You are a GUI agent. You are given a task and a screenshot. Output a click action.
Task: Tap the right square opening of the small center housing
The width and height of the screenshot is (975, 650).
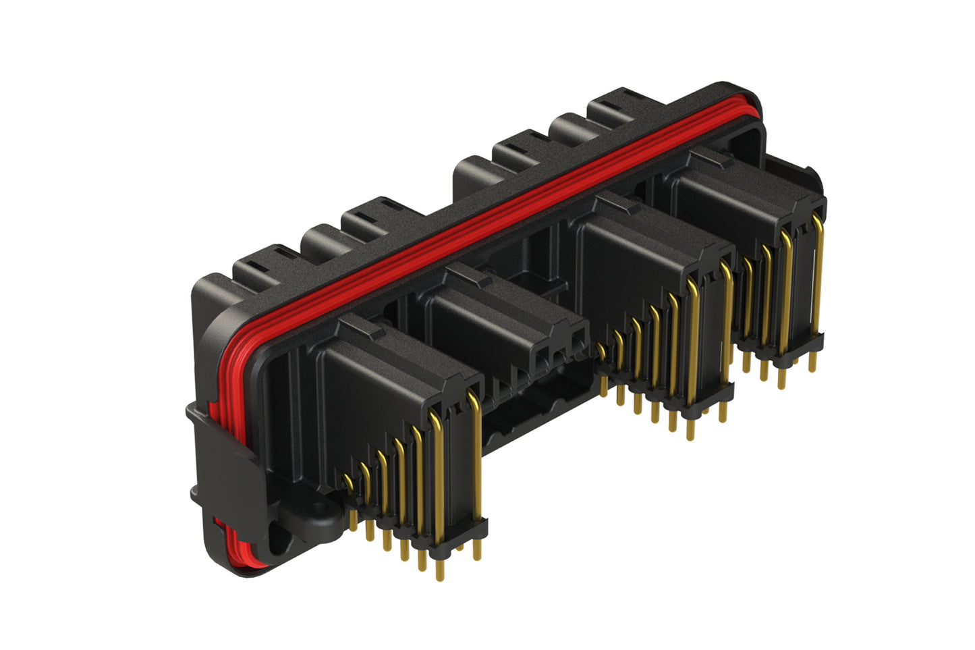pyautogui.click(x=579, y=344)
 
